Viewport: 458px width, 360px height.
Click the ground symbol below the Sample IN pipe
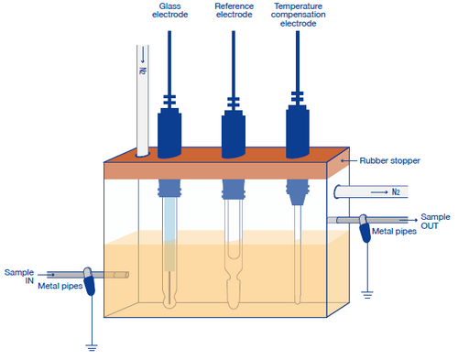[x=90, y=347]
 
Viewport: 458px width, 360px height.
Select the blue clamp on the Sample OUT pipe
[x=364, y=223]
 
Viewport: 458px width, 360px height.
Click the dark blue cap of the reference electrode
[x=234, y=134]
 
